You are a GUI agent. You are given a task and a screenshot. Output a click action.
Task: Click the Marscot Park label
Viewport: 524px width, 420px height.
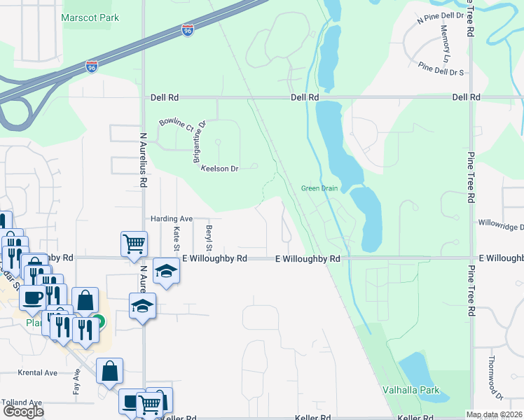(x=90, y=17)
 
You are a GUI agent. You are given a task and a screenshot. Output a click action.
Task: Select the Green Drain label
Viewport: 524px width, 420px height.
(x=319, y=188)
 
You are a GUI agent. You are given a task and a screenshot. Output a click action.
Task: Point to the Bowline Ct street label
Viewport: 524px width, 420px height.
(x=175, y=125)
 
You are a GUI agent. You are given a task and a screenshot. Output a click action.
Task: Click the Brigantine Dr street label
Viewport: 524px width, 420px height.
(x=199, y=141)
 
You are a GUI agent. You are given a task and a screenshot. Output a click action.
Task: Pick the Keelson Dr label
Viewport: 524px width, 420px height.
(x=220, y=169)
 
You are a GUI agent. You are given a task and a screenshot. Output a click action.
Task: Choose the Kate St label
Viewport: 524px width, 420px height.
(x=177, y=237)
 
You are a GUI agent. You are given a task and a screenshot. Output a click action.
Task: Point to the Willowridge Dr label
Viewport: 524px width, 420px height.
(x=500, y=226)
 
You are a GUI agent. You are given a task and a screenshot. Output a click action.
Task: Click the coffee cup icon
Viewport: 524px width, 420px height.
(x=32, y=297)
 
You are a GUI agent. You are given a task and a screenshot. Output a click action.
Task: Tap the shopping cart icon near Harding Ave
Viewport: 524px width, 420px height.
(x=133, y=244)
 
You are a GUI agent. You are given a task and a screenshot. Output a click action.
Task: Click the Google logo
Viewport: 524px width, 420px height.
(x=23, y=412)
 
